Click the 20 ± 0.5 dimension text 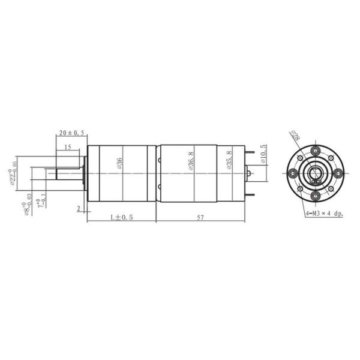coord(71,133)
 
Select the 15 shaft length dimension coord(67,147)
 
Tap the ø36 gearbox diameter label coord(120,163)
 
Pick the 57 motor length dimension coord(200,217)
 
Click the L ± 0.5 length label coord(121,217)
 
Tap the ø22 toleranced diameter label coord(13,174)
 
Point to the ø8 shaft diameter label coord(28,205)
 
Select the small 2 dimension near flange coord(79,208)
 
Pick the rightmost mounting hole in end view coord(338,173)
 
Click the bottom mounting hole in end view coord(315,196)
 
